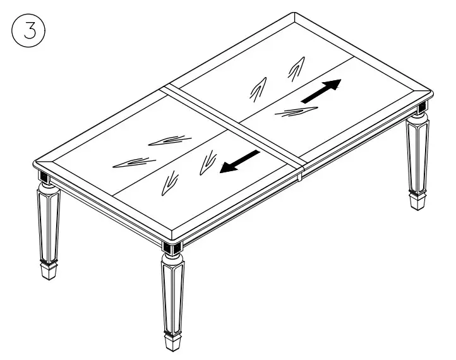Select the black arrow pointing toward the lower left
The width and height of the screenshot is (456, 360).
[x=239, y=162]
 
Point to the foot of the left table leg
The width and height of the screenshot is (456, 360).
[x=48, y=270]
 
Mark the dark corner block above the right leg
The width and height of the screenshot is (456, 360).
[x=421, y=109]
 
